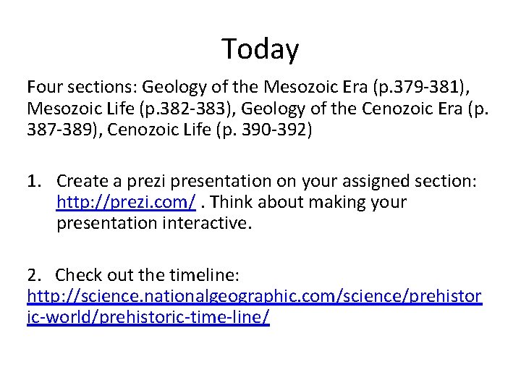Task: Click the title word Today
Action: tap(260, 49)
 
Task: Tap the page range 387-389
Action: tap(57, 133)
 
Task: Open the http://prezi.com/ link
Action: tap(125, 202)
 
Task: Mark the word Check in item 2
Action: tap(77, 275)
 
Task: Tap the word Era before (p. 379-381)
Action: tap(353, 88)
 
